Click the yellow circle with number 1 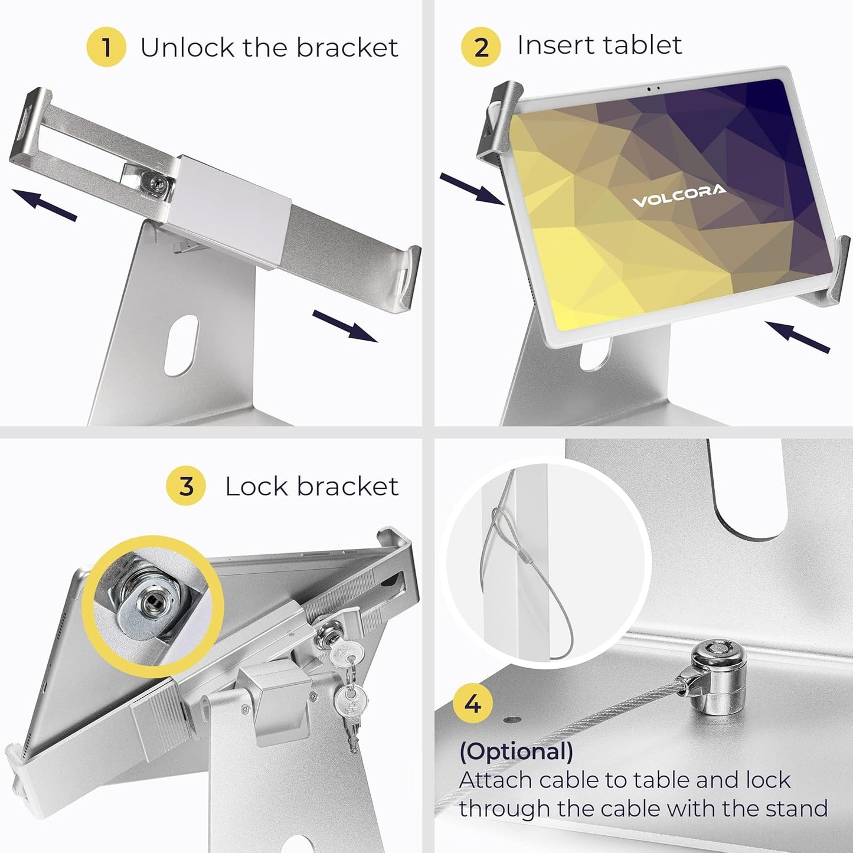pyautogui.click(x=106, y=47)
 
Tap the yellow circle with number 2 pyautogui.click(x=481, y=47)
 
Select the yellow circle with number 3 pyautogui.click(x=186, y=486)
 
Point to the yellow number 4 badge pyautogui.click(x=473, y=704)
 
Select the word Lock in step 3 pyautogui.click(x=257, y=486)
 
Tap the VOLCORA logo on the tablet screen pyautogui.click(x=679, y=197)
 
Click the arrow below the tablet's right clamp pyautogui.click(x=797, y=336)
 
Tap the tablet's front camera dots pyautogui.click(x=653, y=89)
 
